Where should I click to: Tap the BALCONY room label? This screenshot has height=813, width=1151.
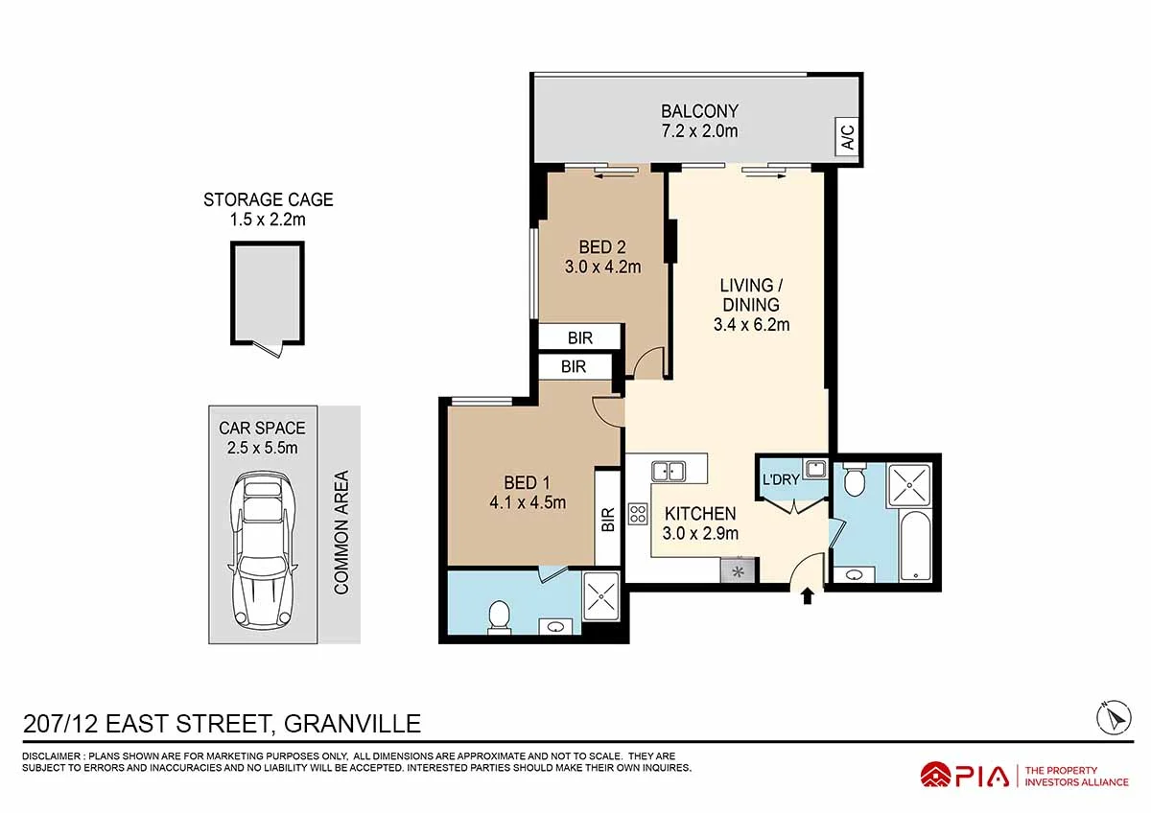(x=699, y=110)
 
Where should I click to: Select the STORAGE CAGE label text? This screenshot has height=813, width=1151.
(x=269, y=199)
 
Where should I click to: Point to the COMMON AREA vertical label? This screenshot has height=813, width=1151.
(x=341, y=532)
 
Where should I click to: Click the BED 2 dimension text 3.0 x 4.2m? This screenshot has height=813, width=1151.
(x=602, y=267)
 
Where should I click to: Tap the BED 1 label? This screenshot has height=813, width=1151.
(x=527, y=482)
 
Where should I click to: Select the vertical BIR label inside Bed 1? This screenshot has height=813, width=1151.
(x=607, y=520)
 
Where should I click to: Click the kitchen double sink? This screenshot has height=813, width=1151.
(x=668, y=470)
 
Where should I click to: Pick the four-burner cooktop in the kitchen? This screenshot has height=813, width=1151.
(x=638, y=514)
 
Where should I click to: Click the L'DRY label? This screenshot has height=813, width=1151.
(x=781, y=479)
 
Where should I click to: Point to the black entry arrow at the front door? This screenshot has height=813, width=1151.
(x=807, y=596)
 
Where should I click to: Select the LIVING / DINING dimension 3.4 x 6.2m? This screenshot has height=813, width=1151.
(x=751, y=324)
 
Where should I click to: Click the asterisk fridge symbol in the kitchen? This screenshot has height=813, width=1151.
(x=738, y=571)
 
